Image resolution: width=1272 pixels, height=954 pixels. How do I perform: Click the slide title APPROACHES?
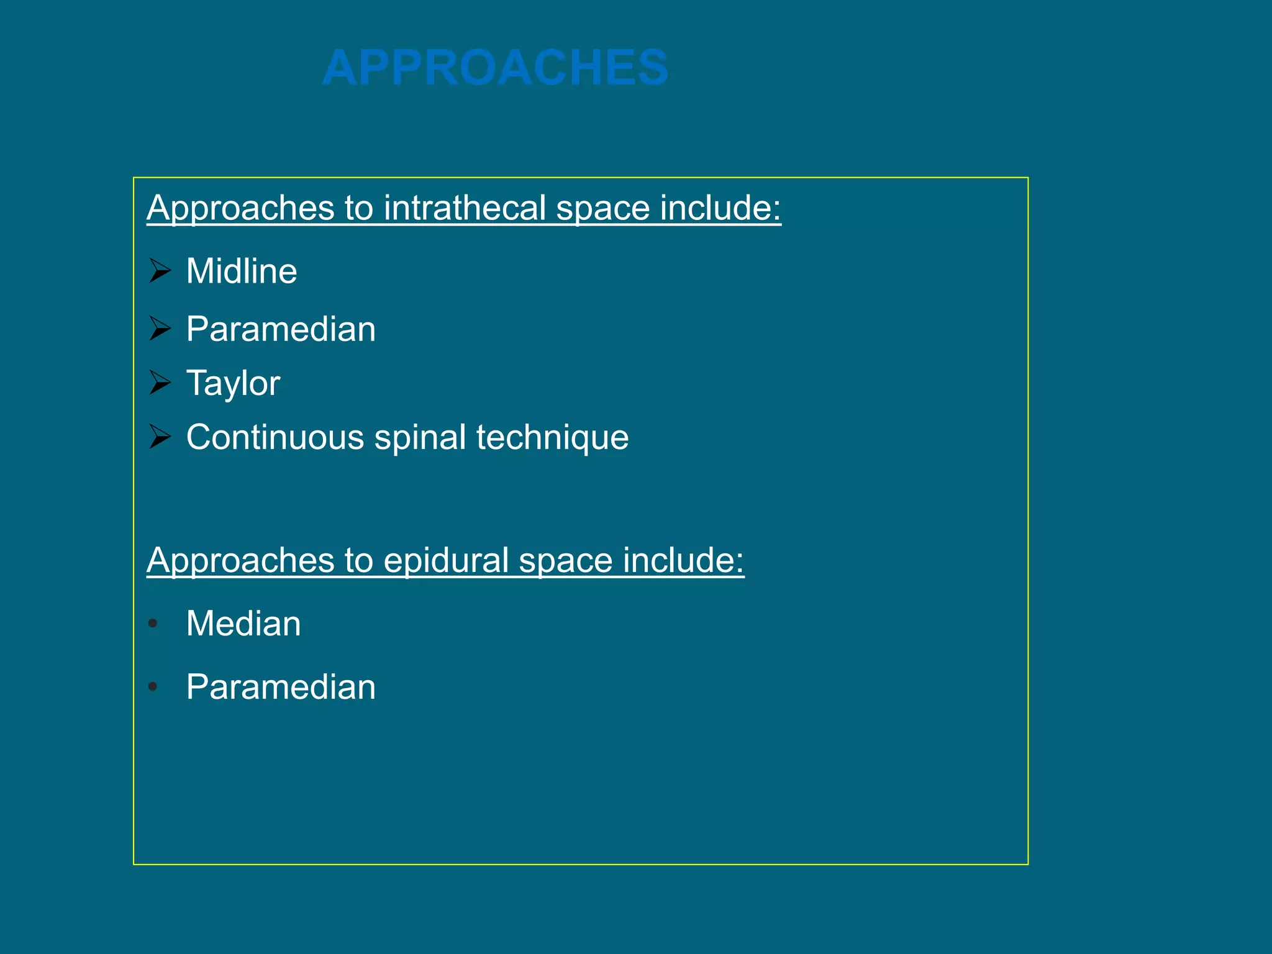[x=495, y=68]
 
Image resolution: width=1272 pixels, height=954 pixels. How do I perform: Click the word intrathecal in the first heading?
[x=465, y=207]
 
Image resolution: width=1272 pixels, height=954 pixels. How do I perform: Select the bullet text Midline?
[x=242, y=271]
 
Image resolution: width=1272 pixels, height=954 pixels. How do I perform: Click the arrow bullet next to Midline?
[x=160, y=271]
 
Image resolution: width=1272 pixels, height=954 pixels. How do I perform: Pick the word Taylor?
[x=233, y=383]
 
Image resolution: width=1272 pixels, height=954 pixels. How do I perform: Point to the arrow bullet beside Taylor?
[x=160, y=383]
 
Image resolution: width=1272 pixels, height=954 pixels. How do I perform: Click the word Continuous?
[x=275, y=437]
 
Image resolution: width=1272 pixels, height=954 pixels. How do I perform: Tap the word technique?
[x=552, y=437]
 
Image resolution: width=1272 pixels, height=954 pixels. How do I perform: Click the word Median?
[x=243, y=624]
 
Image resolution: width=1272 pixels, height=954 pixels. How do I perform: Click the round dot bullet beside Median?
[x=153, y=623]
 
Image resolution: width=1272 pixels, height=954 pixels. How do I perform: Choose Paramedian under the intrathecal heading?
[x=281, y=329]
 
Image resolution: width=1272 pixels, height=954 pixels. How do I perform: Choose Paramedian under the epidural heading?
[x=281, y=688]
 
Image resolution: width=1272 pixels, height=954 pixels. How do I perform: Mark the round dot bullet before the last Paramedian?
[x=153, y=687]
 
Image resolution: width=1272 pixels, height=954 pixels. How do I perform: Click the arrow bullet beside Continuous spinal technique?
[x=160, y=437]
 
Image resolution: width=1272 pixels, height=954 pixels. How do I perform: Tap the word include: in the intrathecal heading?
[x=720, y=207]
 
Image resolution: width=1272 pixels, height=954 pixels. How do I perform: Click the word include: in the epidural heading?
[x=683, y=560]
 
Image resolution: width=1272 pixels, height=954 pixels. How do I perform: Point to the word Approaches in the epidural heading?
[x=240, y=560]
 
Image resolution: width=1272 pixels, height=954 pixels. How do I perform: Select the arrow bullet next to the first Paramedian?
[x=160, y=329]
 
